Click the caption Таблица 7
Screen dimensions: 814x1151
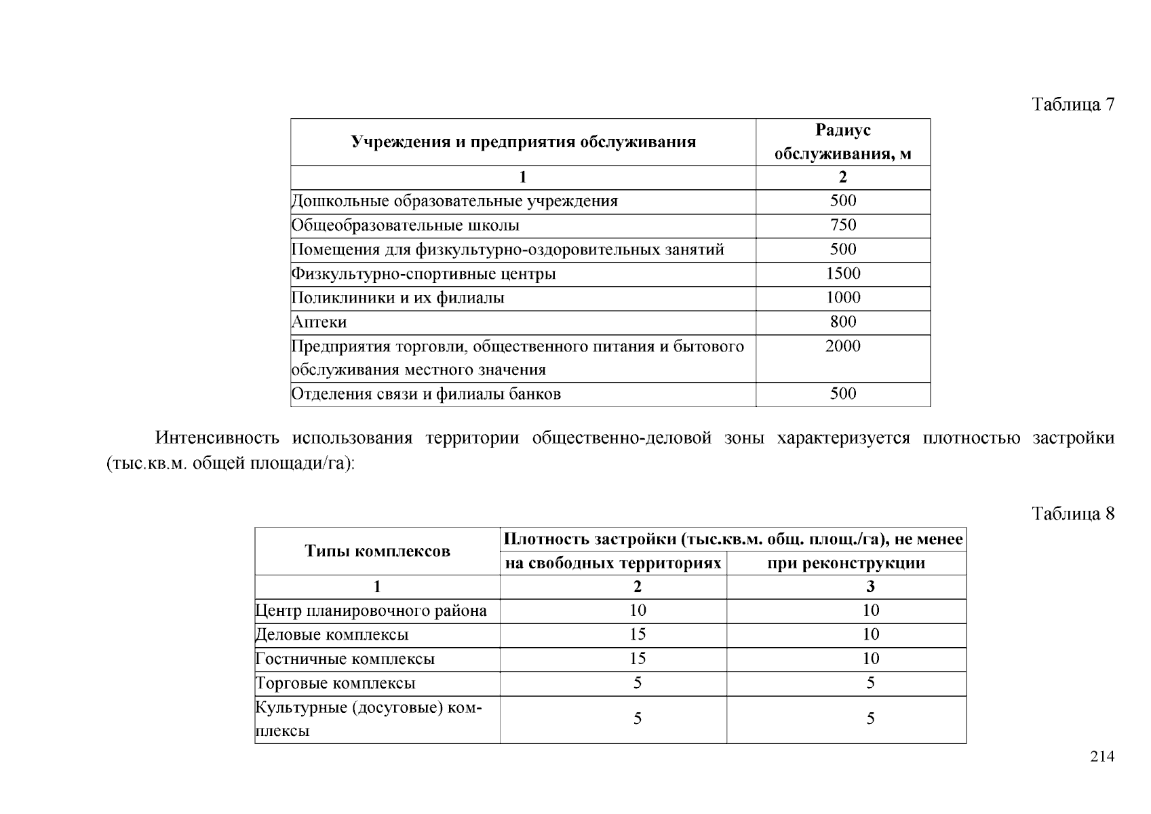pos(1073,104)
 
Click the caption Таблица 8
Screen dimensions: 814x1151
pos(1073,513)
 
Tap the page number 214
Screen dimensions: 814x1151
pos(1102,757)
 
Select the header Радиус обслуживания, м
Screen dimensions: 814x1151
pos(842,142)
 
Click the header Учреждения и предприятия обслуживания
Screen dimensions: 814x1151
pos(523,142)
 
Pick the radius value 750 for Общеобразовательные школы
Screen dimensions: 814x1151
pos(843,225)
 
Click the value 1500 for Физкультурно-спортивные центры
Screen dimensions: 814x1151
pos(843,273)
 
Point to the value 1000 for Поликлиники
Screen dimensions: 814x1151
pos(843,298)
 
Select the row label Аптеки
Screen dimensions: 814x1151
pos(319,322)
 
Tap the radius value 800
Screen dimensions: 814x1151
pos(843,322)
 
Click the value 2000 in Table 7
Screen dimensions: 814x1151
pos(843,346)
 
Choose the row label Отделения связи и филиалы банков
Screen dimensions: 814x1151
pos(426,394)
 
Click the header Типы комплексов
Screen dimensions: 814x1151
pos(377,551)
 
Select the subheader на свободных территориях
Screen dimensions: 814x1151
pos(613,564)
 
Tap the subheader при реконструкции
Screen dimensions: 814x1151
pos(846,564)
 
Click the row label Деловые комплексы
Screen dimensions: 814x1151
pos(332,635)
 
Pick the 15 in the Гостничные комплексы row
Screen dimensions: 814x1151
pos(638,659)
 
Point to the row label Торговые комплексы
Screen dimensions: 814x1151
pos(335,684)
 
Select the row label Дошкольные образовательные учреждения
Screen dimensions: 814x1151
pos(454,201)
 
